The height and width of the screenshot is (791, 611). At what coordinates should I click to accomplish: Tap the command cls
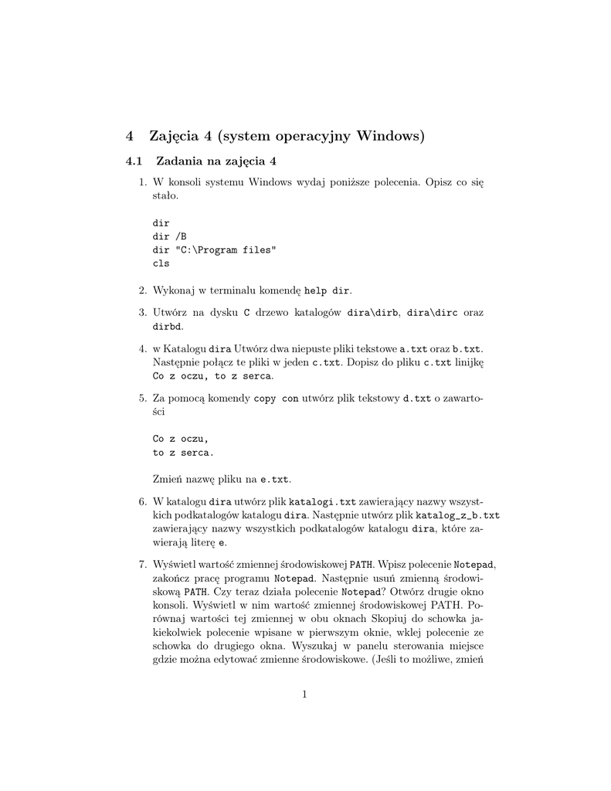click(161, 263)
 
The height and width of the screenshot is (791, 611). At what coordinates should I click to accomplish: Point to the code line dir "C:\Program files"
click(214, 250)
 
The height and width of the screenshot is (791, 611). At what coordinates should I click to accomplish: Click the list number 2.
click(142, 290)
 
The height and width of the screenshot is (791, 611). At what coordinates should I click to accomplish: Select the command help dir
click(328, 290)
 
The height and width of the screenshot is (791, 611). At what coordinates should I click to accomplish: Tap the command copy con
click(276, 399)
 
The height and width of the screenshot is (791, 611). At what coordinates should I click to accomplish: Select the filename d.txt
click(418, 399)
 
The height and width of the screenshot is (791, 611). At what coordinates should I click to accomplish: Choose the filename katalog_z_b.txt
click(458, 515)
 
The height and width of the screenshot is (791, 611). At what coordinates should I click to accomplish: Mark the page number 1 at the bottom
click(305, 694)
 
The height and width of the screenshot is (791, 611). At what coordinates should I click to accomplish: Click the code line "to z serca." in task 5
click(184, 453)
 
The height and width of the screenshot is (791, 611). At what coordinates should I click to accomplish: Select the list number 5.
click(142, 399)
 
